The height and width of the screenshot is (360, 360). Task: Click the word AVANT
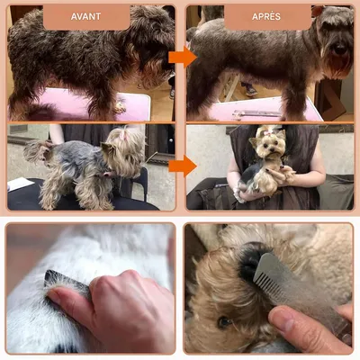click(x=85, y=16)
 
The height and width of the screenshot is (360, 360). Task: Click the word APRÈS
click(x=267, y=16)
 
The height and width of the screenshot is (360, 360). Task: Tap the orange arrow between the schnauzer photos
click(x=182, y=58)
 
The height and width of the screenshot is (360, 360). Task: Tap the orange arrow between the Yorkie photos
click(x=182, y=166)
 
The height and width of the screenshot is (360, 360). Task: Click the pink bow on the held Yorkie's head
click(x=267, y=132)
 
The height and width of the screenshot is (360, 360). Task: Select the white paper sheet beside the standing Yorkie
click(x=20, y=184)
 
